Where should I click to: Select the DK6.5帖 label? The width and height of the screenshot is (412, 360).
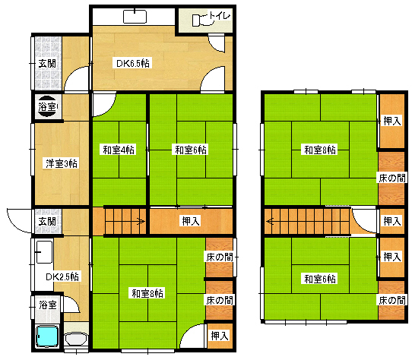coord(132,63)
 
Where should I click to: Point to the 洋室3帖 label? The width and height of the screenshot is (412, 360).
coord(61,163)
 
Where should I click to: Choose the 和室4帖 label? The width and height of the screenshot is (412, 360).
coord(119,150)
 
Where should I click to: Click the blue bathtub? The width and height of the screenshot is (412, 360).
coord(47,336)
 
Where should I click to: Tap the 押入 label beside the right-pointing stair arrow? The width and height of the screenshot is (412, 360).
coord(190,222)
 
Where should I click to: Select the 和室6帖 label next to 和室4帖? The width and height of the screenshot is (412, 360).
coord(190,150)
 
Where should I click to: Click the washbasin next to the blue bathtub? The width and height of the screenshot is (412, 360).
coord(75,339)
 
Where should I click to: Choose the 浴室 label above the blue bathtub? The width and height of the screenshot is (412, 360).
coord(46,305)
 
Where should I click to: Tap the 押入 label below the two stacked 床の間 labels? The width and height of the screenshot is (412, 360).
coord(220,335)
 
